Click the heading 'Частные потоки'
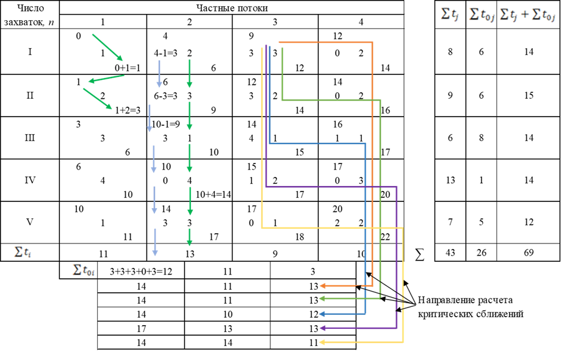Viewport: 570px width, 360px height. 232,8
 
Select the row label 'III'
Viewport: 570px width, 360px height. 30,138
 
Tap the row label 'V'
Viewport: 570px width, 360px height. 30,222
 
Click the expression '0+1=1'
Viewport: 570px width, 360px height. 128,68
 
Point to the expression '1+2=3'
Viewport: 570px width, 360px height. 128,110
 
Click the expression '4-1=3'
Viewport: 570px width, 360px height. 166,53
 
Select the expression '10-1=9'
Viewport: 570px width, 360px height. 166,124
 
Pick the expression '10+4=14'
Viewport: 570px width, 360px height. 214,195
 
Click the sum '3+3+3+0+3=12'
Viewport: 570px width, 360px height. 141,272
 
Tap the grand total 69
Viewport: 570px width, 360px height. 529,253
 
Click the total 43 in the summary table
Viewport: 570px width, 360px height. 450,253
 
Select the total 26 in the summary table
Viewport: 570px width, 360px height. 482,253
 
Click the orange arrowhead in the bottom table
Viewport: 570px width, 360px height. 322,286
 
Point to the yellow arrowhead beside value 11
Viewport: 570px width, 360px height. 322,342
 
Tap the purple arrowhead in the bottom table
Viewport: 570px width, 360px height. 322,328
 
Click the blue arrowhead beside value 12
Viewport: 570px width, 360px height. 322,314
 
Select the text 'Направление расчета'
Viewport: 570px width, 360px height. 465,300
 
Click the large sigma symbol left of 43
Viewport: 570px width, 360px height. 419,254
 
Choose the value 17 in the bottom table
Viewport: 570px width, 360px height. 141,328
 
